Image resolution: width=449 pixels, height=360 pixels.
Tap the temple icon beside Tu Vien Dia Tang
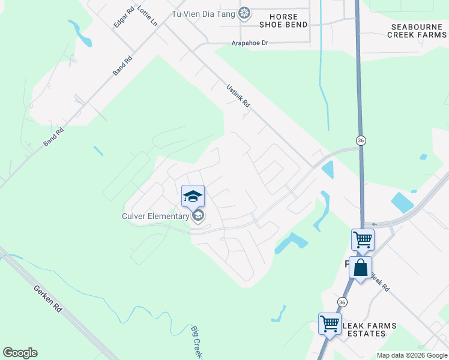[244, 13]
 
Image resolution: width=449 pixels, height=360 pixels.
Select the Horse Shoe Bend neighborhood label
[283, 20]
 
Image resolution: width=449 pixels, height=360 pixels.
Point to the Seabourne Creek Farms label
[417, 31]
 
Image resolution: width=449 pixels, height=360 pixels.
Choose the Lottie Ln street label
[147, 16]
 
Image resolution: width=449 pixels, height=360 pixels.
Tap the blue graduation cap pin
[193, 196]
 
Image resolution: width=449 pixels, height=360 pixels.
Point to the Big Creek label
[196, 343]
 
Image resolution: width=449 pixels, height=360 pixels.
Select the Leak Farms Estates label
[369, 330]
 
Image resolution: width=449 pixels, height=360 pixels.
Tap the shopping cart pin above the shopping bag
[363, 239]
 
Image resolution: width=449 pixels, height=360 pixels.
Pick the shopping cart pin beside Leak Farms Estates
[330, 323]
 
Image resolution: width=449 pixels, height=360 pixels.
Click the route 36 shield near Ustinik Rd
[361, 140]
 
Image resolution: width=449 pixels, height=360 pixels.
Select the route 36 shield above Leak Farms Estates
[342, 302]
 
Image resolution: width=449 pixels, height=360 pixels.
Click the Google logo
[20, 353]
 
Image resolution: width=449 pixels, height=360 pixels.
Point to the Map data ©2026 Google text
[412, 355]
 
